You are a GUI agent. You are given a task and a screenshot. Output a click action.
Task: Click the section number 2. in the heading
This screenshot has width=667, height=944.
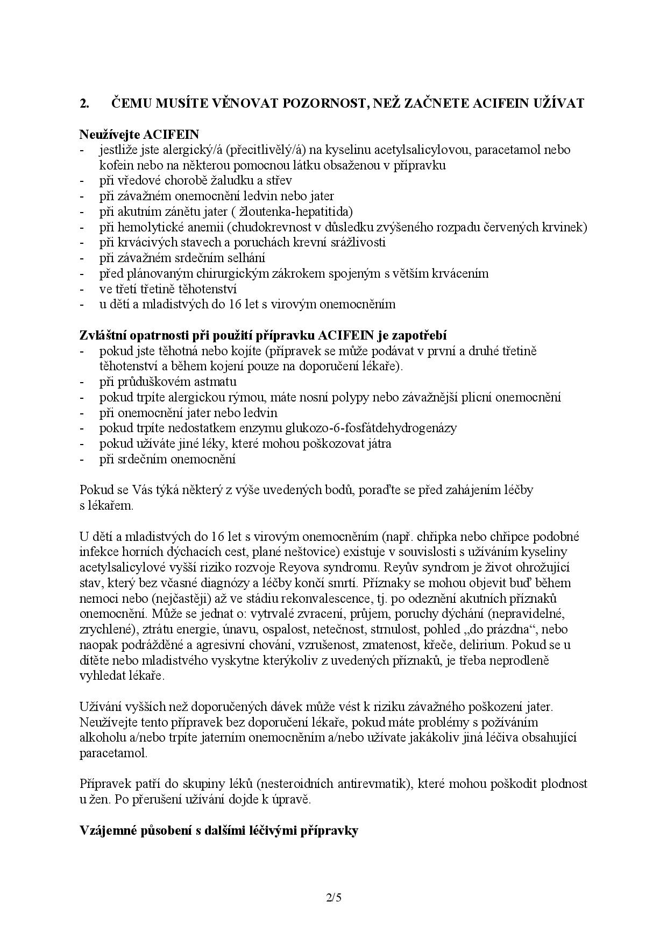pyautogui.click(x=84, y=103)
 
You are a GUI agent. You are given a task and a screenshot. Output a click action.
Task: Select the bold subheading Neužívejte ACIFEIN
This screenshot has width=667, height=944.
pyautogui.click(x=139, y=133)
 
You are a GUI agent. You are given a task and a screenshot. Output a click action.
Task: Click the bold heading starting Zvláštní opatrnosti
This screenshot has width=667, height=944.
pyautogui.click(x=263, y=335)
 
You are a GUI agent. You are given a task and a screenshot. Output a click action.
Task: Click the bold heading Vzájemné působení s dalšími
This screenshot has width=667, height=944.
pyautogui.click(x=219, y=830)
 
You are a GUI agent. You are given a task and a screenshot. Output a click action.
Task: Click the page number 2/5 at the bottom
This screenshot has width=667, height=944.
pyautogui.click(x=333, y=897)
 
